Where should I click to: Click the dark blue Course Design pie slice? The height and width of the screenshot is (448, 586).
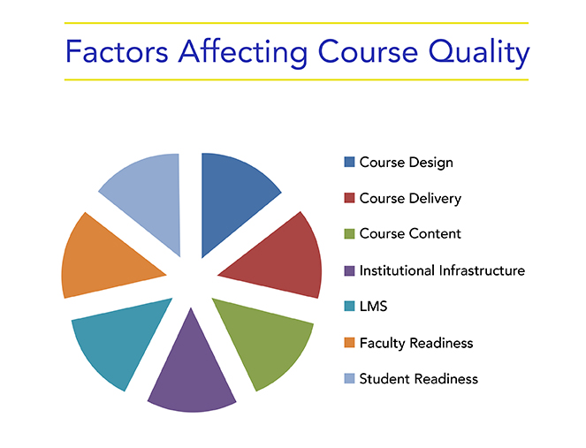click(232, 198)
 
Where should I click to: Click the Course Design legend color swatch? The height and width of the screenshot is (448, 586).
click(349, 163)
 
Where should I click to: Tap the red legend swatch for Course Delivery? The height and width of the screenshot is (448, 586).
click(349, 198)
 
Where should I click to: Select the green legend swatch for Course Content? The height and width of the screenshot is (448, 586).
click(349, 234)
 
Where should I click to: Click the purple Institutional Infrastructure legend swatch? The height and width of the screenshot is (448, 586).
click(349, 270)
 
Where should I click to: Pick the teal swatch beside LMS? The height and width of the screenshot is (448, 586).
click(349, 306)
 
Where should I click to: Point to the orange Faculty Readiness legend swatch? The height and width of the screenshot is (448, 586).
click(349, 343)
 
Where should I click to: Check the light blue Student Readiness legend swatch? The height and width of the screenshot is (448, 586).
click(349, 378)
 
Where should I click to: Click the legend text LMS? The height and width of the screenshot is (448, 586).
click(373, 307)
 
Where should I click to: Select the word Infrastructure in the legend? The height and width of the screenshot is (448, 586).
click(482, 270)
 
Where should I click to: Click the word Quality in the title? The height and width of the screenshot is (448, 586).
click(479, 53)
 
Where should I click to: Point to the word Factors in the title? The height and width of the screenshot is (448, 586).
click(117, 51)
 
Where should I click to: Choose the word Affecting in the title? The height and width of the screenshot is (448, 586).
click(243, 53)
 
